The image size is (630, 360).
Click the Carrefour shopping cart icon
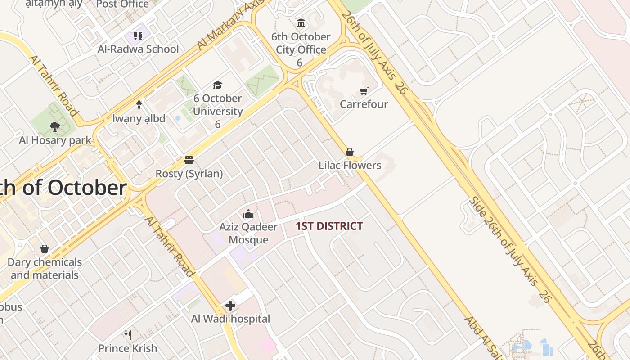click(364, 91)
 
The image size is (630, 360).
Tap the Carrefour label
click(364, 104)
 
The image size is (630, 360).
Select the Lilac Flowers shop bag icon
click(350, 152)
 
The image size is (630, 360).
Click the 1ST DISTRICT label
click(329, 226)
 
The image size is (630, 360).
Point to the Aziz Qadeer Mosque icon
click(248, 214)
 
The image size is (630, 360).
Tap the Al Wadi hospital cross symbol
click(230, 306)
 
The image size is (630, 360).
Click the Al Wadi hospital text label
click(230, 319)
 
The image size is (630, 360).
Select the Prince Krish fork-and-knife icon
click(128, 335)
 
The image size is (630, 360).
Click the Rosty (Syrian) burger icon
click(189, 160)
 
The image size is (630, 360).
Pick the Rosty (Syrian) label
click(189, 174)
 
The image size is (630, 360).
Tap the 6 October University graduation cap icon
click(218, 85)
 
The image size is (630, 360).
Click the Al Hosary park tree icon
click(55, 127)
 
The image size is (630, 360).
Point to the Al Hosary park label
click(55, 140)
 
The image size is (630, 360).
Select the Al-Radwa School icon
click(138, 36)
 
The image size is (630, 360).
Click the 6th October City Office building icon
click(301, 23)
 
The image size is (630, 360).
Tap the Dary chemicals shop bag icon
click(45, 249)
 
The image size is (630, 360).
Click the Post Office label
click(122, 4)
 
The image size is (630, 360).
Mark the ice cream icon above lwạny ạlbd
click(139, 105)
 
